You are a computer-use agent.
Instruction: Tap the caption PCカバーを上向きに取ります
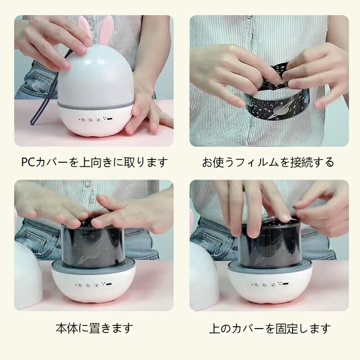coord(94,162)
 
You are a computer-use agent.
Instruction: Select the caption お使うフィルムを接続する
coord(268,162)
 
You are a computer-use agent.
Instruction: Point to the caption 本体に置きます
coord(94,328)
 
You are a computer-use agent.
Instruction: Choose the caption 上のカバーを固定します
coord(270,329)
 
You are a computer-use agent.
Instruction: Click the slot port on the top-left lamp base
coord(109,119)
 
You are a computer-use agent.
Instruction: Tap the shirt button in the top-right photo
coord(250,17)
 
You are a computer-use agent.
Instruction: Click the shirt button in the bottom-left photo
coord(88,184)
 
